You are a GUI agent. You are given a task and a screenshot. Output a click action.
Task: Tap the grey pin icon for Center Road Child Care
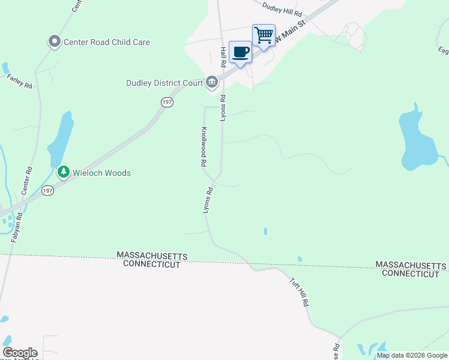(x=55, y=41)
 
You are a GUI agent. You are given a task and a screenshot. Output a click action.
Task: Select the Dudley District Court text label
(x=164, y=83)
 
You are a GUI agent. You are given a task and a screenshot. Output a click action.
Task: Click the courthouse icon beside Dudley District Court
(x=212, y=82)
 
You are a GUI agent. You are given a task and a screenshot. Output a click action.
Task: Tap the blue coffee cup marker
(x=240, y=53)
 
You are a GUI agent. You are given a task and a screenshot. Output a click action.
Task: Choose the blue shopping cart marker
(x=264, y=36)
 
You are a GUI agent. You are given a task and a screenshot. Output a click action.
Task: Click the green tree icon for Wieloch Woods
(x=63, y=172)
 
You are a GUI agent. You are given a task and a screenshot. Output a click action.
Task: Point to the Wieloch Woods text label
(x=101, y=173)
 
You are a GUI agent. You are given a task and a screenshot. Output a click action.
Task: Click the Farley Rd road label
(x=19, y=81)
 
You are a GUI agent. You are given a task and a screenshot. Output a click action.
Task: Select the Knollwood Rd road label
(x=204, y=146)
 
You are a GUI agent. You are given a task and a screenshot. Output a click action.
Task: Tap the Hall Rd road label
(x=223, y=56)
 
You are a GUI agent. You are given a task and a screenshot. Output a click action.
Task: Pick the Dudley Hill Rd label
(x=282, y=10)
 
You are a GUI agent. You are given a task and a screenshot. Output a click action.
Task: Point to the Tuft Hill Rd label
(x=299, y=292)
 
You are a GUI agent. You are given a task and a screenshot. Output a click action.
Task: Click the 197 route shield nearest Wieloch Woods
(x=47, y=191)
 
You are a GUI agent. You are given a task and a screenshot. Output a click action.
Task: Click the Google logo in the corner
(x=20, y=353)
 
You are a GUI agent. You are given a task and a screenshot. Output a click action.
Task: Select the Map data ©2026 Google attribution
(x=412, y=356)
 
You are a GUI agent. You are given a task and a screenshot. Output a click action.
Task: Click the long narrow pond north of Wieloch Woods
(x=61, y=140)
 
